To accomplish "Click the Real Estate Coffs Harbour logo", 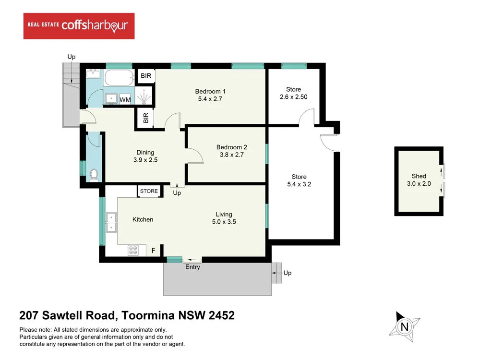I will (x=79, y=26).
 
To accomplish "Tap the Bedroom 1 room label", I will (x=210, y=95).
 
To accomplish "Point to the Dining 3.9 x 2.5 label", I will (x=144, y=156).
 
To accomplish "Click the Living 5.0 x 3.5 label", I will (x=224, y=218).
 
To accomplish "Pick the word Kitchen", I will (x=143, y=219).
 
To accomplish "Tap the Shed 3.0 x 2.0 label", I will (x=419, y=180).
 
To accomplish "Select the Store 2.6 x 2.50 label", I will (x=293, y=93).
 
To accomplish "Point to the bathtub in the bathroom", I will (x=118, y=77).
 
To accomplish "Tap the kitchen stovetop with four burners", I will (x=133, y=250).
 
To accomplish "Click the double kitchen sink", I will (x=111, y=221).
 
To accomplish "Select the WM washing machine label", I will (x=125, y=100).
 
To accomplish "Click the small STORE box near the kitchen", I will (x=149, y=191).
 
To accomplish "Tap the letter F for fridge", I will (x=154, y=250).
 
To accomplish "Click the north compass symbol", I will (x=404, y=326).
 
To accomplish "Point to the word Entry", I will (x=192, y=267).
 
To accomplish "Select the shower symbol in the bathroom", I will (x=144, y=96).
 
